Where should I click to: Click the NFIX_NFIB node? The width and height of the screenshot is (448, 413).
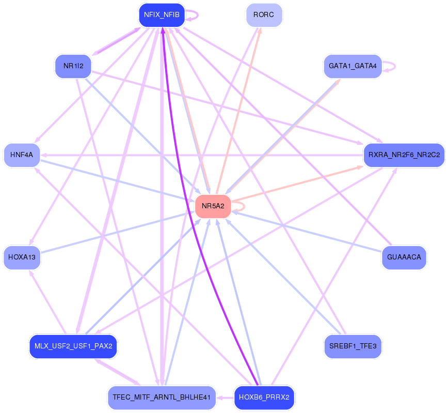click(x=162, y=15)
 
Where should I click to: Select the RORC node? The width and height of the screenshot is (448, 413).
click(x=264, y=15)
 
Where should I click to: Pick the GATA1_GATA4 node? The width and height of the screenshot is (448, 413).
click(x=352, y=66)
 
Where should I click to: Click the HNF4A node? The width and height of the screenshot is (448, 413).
click(x=22, y=155)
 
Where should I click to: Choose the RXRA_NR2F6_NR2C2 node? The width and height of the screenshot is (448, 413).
click(x=404, y=155)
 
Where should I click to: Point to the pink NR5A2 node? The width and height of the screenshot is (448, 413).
click(x=213, y=206)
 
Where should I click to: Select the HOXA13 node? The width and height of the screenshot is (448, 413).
click(x=22, y=257)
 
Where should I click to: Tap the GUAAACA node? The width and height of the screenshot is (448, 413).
click(x=404, y=257)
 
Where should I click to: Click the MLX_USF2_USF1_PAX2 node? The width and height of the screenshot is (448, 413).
click(x=73, y=346)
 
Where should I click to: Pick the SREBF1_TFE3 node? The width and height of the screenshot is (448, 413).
click(x=352, y=346)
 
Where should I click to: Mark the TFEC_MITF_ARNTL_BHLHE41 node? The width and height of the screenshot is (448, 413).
click(x=161, y=397)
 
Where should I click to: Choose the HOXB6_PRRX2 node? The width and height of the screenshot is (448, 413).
click(x=264, y=397)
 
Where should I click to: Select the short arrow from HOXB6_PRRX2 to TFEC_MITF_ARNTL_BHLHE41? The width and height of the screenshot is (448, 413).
click(x=225, y=397)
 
